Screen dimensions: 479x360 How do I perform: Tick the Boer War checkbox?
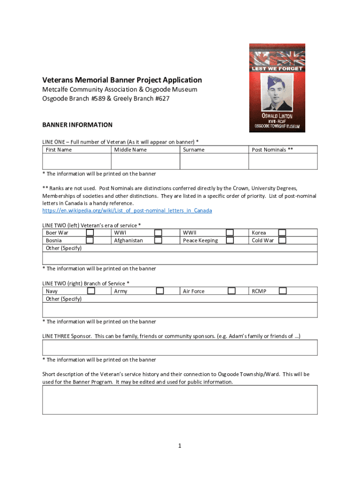[90, 232]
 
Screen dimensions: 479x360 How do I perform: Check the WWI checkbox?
[158, 232]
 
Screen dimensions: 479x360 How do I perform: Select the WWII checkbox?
[230, 232]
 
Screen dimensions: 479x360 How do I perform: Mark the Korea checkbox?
[282, 232]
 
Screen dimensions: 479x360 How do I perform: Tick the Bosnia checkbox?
[90, 240]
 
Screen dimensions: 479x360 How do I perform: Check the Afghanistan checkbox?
[158, 240]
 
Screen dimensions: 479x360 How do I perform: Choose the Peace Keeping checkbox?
[230, 240]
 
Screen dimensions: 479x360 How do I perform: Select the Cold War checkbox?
[282, 240]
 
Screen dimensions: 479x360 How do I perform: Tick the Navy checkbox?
[92, 291]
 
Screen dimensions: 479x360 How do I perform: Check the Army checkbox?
[160, 291]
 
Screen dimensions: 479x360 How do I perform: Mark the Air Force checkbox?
[231, 291]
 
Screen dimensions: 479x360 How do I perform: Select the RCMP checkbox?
[282, 291]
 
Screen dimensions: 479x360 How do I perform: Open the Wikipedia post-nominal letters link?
[127, 210]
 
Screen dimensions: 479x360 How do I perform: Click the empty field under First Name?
[77, 161]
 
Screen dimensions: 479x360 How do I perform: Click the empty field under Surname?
[214, 161]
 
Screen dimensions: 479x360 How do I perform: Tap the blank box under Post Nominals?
[283, 161]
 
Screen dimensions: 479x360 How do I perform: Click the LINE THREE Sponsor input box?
[180, 348]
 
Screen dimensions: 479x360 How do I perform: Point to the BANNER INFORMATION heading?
[78, 125]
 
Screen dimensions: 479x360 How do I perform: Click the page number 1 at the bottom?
[180, 446]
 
